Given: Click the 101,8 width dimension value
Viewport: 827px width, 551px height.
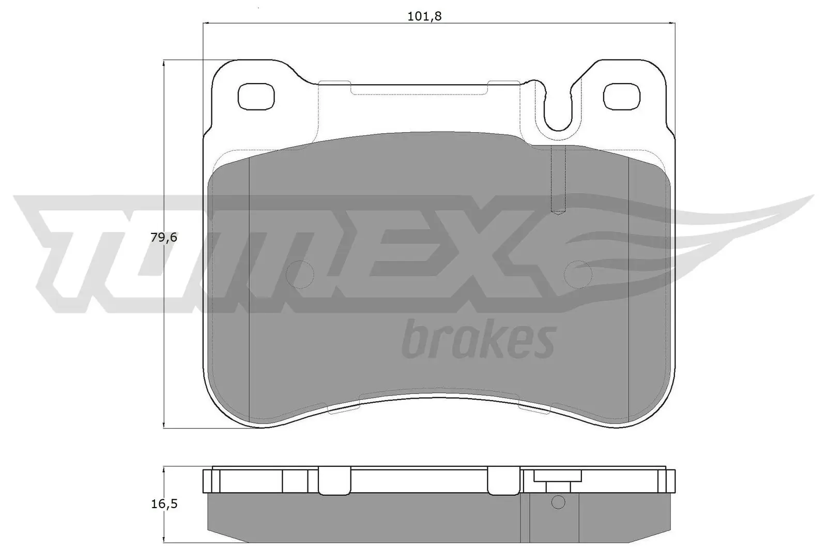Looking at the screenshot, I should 425,16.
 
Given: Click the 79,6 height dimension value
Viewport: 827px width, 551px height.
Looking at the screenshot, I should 164,238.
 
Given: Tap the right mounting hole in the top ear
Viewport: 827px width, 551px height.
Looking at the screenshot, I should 622,96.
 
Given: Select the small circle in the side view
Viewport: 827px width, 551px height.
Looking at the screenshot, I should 558,502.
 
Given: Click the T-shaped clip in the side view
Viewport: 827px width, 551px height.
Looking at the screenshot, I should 558,480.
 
